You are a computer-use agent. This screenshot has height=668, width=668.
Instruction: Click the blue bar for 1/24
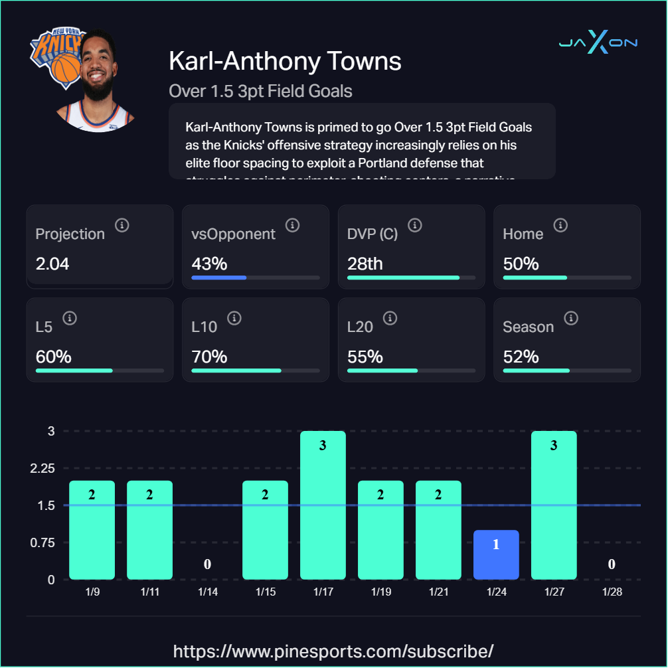(496, 554)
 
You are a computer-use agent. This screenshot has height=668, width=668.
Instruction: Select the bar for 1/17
(323, 505)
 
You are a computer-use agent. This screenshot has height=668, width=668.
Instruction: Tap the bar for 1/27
(554, 505)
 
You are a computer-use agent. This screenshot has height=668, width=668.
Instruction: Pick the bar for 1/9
(92, 530)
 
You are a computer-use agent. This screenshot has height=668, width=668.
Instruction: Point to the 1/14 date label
(207, 592)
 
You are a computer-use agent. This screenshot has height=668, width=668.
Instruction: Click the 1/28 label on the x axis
(612, 592)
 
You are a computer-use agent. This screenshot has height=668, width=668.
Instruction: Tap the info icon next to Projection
(122, 226)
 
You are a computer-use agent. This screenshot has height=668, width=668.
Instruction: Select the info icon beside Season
(570, 319)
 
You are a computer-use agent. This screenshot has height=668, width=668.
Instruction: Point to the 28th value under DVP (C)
(365, 264)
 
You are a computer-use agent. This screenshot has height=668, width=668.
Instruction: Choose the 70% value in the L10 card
(209, 357)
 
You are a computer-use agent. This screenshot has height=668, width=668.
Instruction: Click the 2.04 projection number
(52, 264)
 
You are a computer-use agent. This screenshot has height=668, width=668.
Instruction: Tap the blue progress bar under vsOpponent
(218, 278)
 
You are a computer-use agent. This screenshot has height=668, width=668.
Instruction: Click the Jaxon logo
(598, 43)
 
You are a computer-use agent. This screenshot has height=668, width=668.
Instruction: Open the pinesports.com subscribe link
(333, 650)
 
